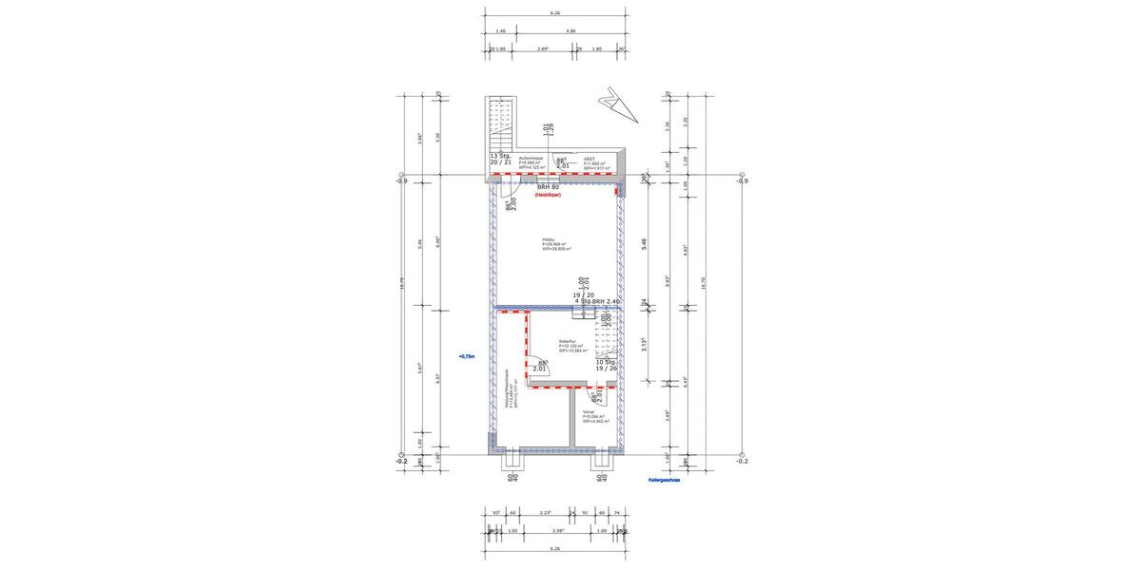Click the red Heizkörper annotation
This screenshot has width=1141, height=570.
click(x=548, y=195)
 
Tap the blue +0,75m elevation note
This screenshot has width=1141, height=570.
click(x=466, y=357)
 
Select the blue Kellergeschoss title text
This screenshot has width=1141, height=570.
click(x=664, y=481)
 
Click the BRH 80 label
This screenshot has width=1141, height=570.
click(x=548, y=187)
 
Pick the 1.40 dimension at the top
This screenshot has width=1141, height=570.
click(x=500, y=31)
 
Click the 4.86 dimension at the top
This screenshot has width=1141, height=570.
click(x=570, y=31)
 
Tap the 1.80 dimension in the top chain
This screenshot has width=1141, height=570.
click(x=597, y=48)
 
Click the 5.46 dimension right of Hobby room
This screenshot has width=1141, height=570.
click(x=644, y=243)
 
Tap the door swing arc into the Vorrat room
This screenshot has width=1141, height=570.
click(x=595, y=398)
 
